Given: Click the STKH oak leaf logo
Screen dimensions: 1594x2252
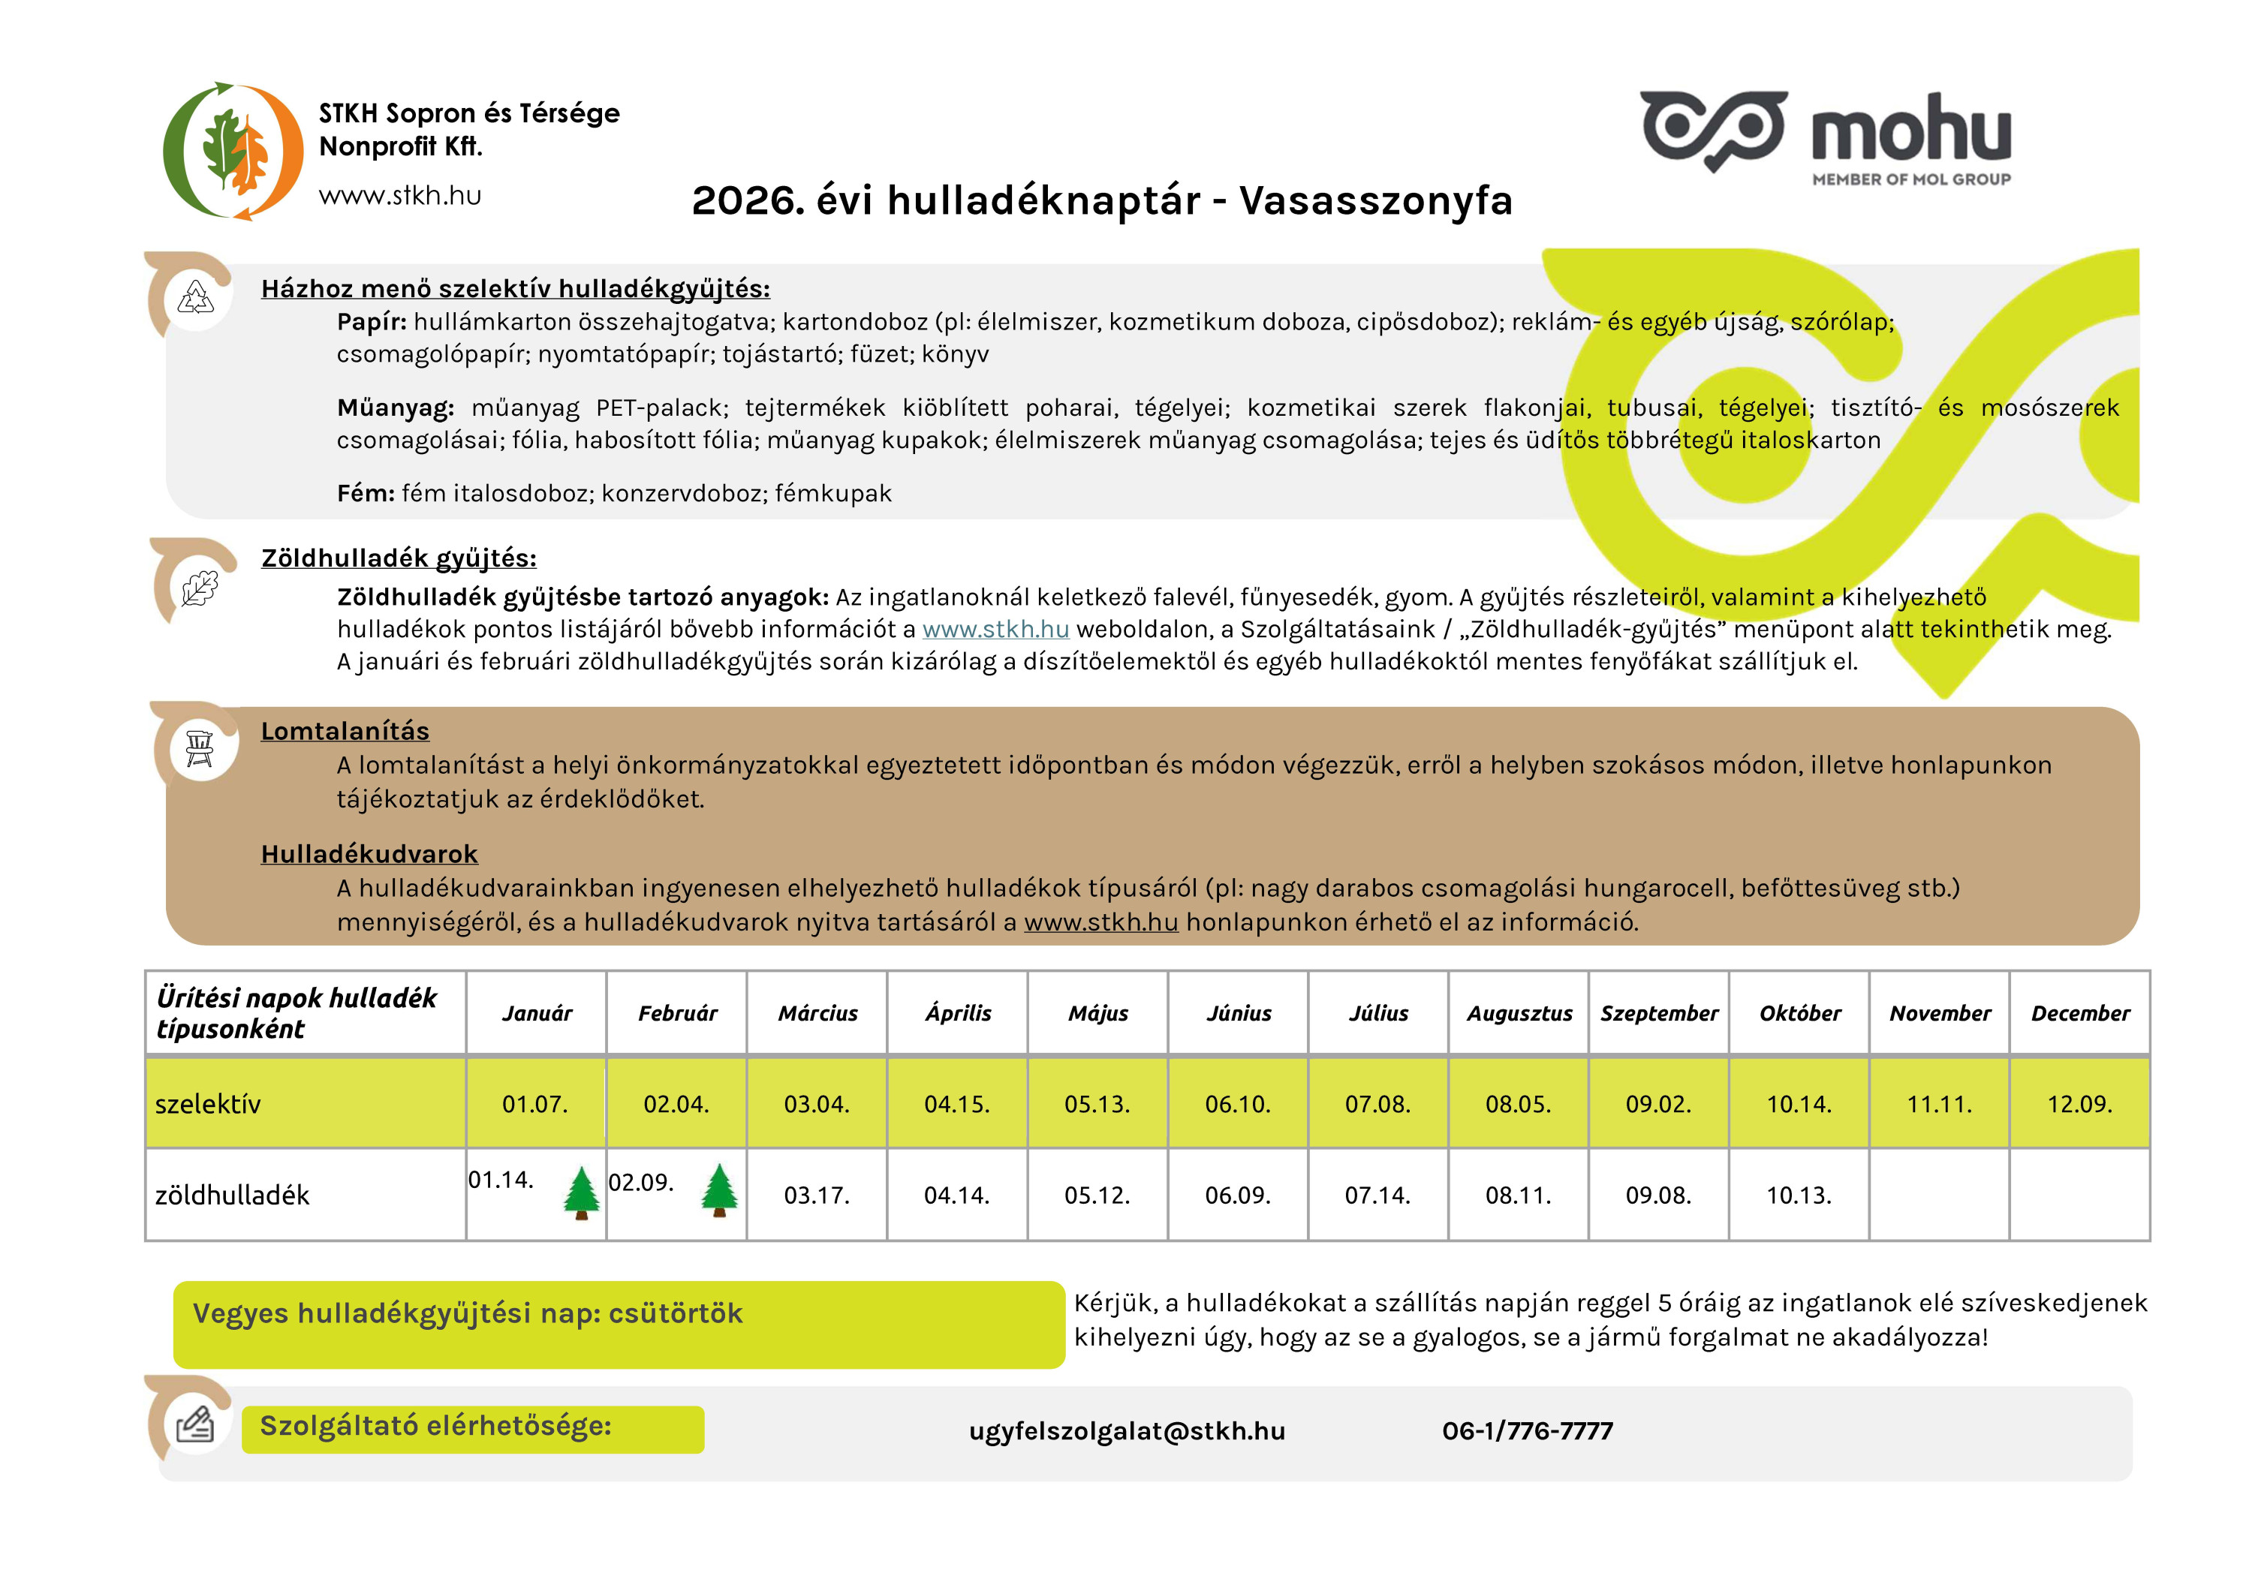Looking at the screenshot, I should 233,151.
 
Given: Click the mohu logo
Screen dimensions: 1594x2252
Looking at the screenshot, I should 1825,135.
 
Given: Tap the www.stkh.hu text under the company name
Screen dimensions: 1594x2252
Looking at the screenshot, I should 399,195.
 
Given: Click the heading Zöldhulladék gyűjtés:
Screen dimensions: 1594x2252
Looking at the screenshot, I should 399,558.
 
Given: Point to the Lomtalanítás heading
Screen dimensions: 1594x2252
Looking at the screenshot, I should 345,731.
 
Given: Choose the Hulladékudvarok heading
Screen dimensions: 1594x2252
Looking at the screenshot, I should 369,854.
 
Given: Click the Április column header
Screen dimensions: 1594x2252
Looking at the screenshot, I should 957,1013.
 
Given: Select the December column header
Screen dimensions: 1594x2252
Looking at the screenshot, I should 2079,1013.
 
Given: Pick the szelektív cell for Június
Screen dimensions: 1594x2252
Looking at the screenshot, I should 1237,1104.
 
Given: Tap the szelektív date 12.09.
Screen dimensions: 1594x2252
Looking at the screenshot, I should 2079,1104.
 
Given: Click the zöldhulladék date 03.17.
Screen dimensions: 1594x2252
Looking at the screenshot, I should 816,1195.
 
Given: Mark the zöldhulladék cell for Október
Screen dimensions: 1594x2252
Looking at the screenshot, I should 1799,1195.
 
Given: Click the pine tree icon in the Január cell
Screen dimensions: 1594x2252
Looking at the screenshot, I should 581,1192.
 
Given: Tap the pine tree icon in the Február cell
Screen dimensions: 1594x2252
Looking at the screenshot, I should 720,1190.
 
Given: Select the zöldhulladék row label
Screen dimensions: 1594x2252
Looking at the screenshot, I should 232,1195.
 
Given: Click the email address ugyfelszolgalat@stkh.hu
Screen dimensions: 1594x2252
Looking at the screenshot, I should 1127,1431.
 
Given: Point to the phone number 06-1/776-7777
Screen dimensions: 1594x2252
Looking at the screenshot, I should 1527,1431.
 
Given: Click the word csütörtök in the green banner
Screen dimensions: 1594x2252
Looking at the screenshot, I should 676,1313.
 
